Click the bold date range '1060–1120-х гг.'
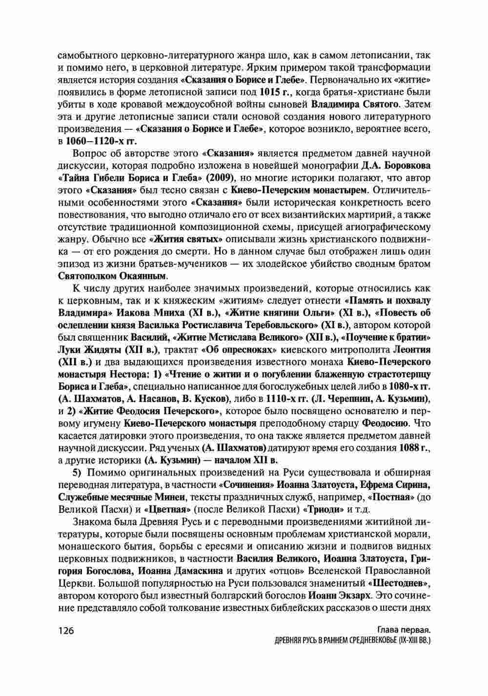93,141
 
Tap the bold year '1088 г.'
415,447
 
